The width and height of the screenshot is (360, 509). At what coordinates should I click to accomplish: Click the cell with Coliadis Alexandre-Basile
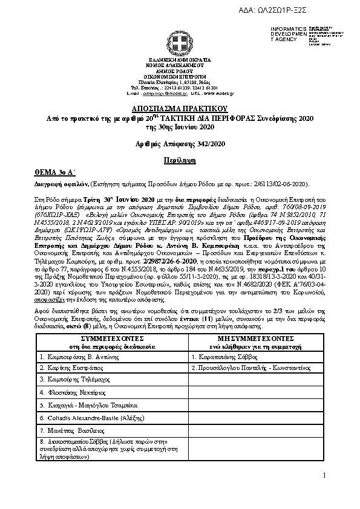coord(90,418)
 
